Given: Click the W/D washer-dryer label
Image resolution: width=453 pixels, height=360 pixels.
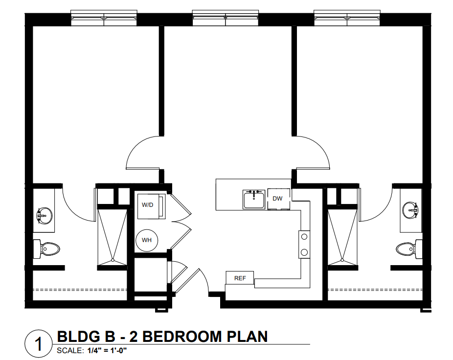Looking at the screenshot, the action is (147, 205).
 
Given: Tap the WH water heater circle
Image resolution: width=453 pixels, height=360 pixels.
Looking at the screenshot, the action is (147, 240).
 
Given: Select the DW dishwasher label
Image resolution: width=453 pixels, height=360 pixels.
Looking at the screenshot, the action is (277, 199).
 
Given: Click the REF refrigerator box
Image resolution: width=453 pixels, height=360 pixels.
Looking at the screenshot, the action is (240, 278).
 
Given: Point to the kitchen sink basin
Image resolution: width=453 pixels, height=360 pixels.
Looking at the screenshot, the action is (254, 200).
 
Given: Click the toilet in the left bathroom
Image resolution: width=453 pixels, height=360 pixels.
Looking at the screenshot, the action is (46, 248).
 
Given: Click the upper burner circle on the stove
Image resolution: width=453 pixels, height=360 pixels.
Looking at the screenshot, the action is (304, 237).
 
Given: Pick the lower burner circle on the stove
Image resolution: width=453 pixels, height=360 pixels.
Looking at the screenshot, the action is (304, 252).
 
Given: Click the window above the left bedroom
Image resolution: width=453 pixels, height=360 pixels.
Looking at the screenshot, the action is (104, 18).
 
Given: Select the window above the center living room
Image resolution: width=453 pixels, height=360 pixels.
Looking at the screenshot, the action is (226, 18).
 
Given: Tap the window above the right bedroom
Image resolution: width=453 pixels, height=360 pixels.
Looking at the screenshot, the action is (347, 18).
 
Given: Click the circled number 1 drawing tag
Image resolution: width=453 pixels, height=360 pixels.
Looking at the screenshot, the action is (39, 344).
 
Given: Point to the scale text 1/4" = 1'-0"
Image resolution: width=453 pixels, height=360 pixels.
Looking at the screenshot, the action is (107, 351).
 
